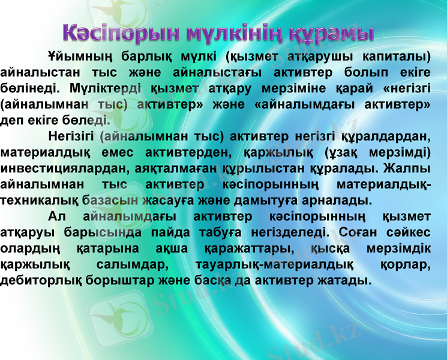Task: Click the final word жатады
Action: point(340,280)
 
